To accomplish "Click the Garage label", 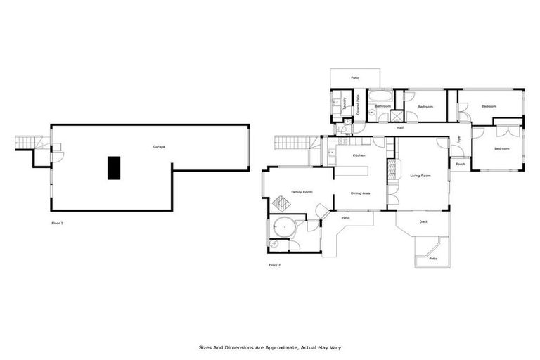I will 159,147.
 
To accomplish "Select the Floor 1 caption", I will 57,223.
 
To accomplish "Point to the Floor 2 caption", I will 274,265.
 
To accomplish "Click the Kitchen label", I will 359,155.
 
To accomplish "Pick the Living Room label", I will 420,176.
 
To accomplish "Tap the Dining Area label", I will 360,193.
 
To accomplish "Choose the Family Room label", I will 302,192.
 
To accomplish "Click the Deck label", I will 423,222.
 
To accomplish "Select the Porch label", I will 460,164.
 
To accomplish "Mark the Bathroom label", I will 382,106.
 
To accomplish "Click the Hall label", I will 399,128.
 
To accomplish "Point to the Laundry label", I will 345,103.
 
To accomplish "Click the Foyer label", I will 458,139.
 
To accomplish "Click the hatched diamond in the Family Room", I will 281,205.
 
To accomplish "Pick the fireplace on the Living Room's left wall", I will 392,172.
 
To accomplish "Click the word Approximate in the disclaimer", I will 266,347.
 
